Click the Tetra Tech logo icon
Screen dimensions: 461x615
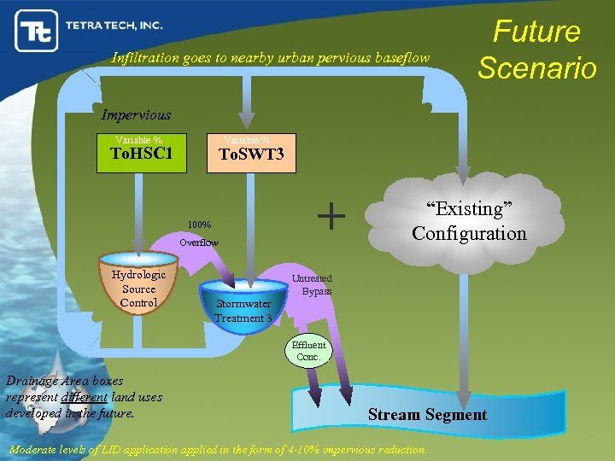(35, 32)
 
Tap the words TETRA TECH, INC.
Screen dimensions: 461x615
(114, 26)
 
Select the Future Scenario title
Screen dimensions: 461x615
(536, 50)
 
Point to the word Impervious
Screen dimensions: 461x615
(136, 114)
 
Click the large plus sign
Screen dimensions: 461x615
(331, 216)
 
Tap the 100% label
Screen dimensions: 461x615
(199, 225)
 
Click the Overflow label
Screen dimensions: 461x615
(198, 242)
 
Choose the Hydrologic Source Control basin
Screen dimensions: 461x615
(138, 285)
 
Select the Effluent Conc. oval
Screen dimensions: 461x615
(308, 351)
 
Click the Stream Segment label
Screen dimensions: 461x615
(427, 415)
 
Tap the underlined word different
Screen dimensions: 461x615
(84, 397)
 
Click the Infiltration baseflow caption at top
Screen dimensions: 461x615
(271, 58)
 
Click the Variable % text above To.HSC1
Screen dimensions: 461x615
(139, 140)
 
